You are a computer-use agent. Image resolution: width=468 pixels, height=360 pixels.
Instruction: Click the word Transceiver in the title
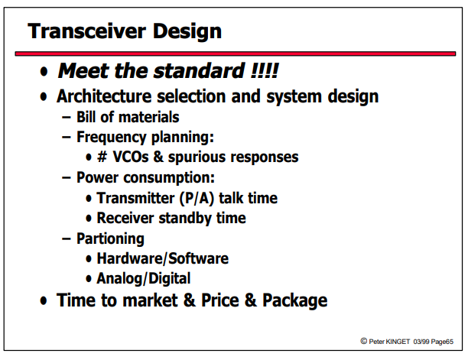pos(87,31)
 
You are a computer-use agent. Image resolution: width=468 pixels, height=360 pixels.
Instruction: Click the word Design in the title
pos(187,32)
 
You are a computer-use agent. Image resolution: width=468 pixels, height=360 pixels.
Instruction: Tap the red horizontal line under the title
pos(236,54)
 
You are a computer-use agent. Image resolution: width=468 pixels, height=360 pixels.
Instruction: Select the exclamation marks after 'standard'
pos(265,70)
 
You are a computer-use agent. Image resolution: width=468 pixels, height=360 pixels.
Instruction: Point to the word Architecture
pos(104,96)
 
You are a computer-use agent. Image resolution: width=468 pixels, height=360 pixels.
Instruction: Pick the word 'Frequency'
pos(112,138)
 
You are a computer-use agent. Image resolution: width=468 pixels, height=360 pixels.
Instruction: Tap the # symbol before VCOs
pos(102,157)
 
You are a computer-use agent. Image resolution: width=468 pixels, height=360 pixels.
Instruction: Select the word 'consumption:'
pos(169,178)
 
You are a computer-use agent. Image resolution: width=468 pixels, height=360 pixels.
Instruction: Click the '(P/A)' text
pos(197,198)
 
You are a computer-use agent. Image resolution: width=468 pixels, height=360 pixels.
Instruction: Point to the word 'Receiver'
pos(125,218)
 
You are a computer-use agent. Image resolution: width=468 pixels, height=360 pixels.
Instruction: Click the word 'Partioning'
pos(110,239)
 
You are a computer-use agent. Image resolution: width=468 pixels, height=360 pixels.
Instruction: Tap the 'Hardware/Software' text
pos(163,258)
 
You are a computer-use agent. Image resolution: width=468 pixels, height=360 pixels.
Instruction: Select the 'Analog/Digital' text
pos(144,279)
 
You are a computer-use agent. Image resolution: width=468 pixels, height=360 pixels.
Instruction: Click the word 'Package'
pos(295,300)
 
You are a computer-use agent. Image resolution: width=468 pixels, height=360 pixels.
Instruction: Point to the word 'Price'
pos(220,300)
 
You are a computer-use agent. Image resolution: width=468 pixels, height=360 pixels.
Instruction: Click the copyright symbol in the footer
pos(363,341)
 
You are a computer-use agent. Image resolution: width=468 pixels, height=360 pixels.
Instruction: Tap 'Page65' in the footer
pos(442,342)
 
